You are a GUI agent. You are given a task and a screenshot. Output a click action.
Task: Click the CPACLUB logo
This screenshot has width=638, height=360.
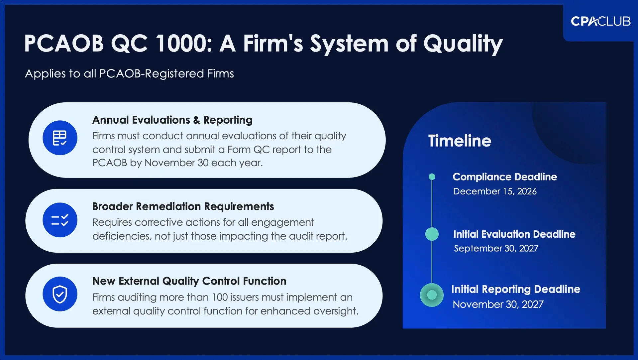[600, 21]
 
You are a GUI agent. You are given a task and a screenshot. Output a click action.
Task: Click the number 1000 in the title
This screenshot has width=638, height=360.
[183, 44]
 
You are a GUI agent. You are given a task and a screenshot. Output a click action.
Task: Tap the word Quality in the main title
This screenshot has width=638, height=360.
[463, 44]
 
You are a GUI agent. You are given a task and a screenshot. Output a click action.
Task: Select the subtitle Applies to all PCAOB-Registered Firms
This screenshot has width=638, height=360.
[129, 73]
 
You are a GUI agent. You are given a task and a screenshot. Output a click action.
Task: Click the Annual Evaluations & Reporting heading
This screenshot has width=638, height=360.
[172, 120]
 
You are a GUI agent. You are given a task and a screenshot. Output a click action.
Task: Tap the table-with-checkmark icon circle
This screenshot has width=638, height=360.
[60, 138]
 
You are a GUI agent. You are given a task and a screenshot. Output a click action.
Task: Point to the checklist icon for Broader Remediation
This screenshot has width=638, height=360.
[60, 220]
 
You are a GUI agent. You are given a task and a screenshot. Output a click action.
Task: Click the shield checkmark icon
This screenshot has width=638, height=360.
[60, 294]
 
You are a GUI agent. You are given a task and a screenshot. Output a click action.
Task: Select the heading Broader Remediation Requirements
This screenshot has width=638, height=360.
[183, 206]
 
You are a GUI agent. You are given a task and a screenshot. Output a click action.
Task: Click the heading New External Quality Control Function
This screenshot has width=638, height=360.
[189, 281]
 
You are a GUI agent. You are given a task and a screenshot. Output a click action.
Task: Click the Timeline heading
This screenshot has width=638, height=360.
[460, 141]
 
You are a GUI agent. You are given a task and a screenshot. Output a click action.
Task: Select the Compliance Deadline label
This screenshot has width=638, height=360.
[504, 177]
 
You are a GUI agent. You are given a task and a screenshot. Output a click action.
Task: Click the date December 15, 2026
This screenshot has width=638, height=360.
[495, 191]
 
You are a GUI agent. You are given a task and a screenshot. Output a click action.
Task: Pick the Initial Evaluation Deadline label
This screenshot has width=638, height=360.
[514, 234]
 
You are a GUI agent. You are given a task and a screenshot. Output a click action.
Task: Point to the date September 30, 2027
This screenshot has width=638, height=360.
[496, 249]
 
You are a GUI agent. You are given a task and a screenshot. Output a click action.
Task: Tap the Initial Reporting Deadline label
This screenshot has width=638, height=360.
[515, 289]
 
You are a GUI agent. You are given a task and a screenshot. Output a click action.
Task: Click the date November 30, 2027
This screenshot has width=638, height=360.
[498, 304]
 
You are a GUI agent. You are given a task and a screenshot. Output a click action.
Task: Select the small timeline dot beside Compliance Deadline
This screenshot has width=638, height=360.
[432, 177]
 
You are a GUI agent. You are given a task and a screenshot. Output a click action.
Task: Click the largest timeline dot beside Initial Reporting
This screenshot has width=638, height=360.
[432, 295]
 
